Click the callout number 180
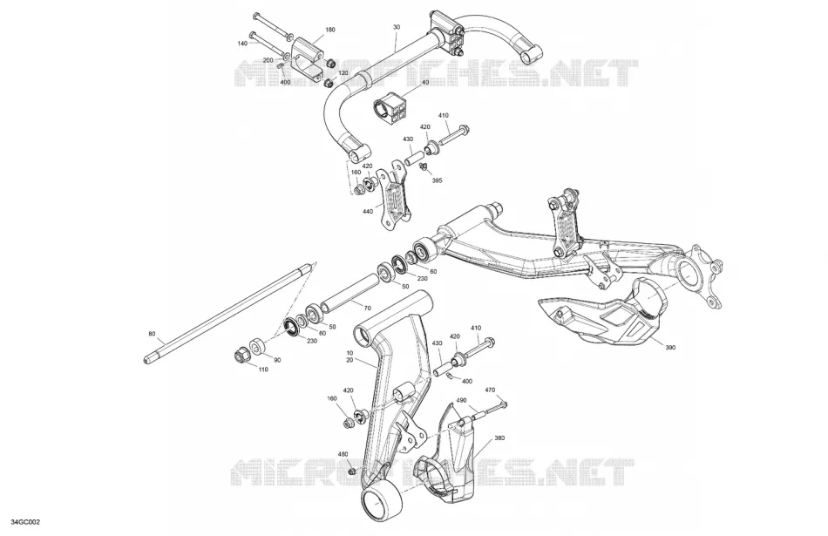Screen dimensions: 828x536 coord(330,31)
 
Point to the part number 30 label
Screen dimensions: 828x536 coord(397,26)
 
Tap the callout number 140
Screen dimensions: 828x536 coord(242,44)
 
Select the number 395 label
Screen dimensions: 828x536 coord(437,180)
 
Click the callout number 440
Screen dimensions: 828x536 coord(368,212)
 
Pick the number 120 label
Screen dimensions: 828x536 coord(343,73)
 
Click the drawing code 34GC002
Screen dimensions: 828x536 coord(24,522)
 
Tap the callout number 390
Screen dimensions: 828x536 coord(670,348)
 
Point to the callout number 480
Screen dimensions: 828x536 coord(343,454)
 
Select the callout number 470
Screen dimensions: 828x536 coord(490,390)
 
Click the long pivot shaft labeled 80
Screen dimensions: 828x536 coord(224,315)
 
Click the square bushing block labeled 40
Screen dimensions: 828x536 coord(390,106)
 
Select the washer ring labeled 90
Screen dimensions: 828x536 coord(258,347)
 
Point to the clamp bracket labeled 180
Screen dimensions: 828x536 coord(308,59)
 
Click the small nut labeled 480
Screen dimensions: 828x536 coord(351,469)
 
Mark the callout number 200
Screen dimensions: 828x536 coord(268,60)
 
